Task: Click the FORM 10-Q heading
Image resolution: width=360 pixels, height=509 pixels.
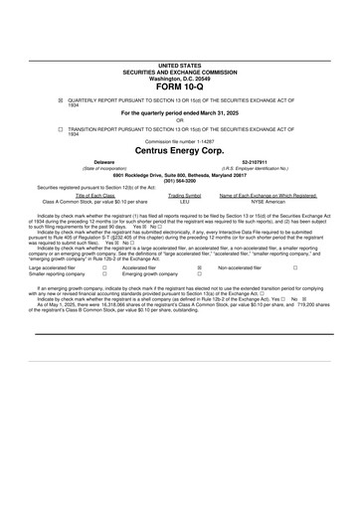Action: (x=180, y=85)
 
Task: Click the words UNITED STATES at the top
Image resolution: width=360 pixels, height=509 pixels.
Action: (x=180, y=65)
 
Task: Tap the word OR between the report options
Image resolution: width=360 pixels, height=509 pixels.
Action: (x=180, y=120)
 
